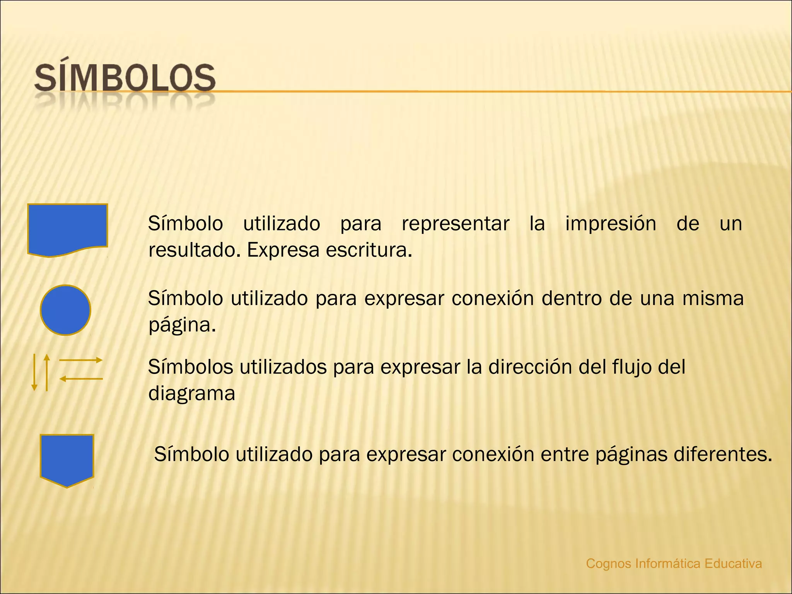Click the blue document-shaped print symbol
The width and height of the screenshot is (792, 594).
[x=67, y=228]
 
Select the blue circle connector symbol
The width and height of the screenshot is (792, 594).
[x=65, y=310]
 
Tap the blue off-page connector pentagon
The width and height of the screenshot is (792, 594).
[x=67, y=459]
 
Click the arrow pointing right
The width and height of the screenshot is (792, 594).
[x=80, y=360]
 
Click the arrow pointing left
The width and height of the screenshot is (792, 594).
[x=81, y=379]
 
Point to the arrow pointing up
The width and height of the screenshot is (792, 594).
[x=47, y=372]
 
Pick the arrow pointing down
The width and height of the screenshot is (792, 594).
[x=34, y=372]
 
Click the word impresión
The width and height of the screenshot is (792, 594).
[x=611, y=224]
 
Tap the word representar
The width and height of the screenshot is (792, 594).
[x=455, y=224]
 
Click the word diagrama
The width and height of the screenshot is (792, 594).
[x=192, y=394]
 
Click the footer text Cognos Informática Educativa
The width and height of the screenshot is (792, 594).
[x=674, y=563]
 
